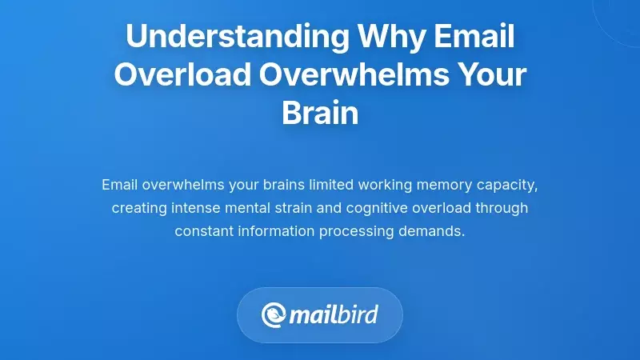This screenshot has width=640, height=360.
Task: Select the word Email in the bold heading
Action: point(474,37)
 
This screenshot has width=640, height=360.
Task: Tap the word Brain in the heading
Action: point(320,114)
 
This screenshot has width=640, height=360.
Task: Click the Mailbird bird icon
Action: point(275,314)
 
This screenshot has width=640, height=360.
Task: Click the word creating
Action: point(138,208)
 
